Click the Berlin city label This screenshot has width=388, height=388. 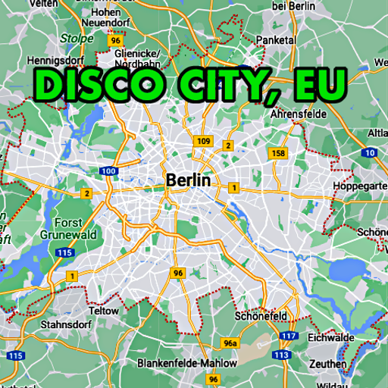coord(188,180)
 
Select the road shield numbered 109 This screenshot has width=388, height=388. coord(203,141)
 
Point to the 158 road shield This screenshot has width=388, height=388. coord(279,153)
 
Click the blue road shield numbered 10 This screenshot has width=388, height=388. coord(369,152)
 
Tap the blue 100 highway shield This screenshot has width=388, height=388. coord(108,171)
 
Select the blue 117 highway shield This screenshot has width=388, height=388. coord(287,335)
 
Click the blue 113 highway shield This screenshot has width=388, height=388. coord(282,354)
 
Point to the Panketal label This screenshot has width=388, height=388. coord(275,39)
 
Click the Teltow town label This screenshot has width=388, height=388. coord(105,311)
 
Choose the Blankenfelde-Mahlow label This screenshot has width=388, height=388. coord(187,363)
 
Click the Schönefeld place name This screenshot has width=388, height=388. coord(261,315)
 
